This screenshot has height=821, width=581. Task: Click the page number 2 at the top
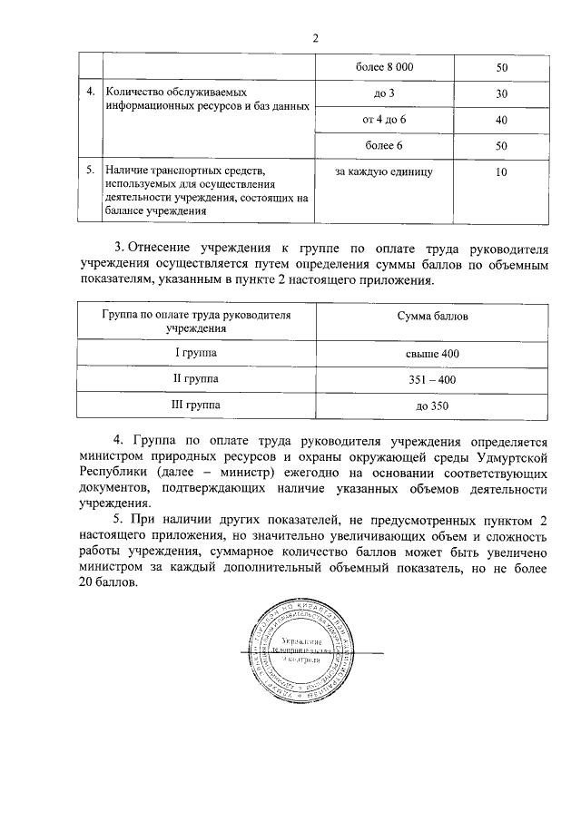coord(316,38)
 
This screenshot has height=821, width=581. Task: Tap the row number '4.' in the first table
coord(90,93)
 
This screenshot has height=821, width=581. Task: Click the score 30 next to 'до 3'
coord(501,93)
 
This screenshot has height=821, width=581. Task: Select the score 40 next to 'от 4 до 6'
coord(501,120)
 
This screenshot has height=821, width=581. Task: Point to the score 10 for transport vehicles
coord(501,170)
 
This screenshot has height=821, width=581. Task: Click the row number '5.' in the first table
coord(90,170)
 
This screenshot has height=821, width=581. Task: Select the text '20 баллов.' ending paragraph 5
coord(108,584)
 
